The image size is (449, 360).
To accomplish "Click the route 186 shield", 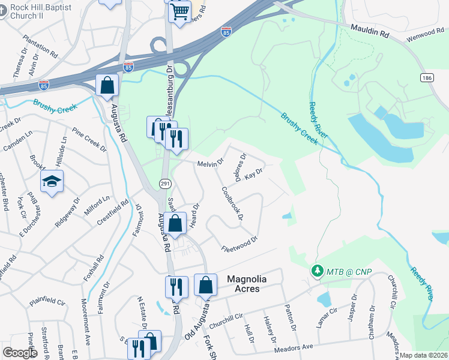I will (x=427, y=78).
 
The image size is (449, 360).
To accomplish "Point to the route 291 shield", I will (x=163, y=182).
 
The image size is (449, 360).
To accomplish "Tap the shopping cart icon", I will (x=179, y=11).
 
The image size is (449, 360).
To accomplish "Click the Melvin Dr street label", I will (x=210, y=163).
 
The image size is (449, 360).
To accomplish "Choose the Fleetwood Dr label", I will (x=239, y=244).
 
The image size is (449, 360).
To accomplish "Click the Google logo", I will (x=20, y=353).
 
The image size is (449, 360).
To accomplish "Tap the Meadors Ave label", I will (x=294, y=347).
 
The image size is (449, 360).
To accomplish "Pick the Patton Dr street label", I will (x=291, y=319).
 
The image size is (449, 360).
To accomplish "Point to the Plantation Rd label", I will (x=40, y=46).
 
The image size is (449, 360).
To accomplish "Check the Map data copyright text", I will (x=424, y=355).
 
